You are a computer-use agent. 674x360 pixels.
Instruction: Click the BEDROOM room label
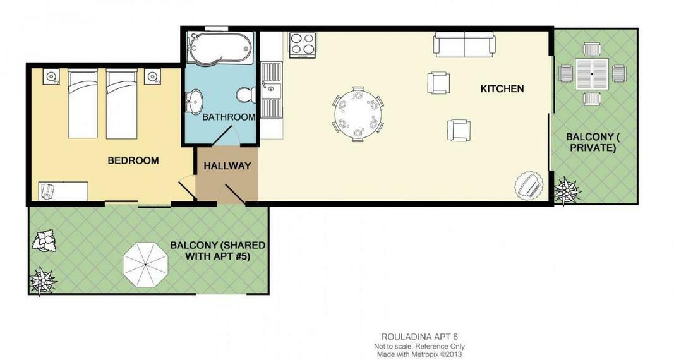click(x=133, y=160)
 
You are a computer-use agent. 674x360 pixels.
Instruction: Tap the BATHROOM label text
click(x=229, y=117)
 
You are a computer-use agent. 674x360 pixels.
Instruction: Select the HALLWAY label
click(x=227, y=166)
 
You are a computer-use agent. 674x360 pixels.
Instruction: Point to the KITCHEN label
click(x=502, y=89)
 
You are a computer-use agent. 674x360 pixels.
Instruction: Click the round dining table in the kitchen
click(x=358, y=114)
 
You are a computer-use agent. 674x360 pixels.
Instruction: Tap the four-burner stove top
click(x=303, y=45)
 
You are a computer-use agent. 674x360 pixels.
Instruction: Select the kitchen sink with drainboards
click(x=271, y=89)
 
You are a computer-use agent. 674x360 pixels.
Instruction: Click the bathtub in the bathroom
click(x=220, y=48)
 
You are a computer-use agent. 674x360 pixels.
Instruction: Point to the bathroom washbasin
click(x=195, y=101)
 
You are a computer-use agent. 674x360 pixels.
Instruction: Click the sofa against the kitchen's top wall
click(x=464, y=45)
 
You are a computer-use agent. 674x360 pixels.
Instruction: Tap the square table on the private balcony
click(x=592, y=74)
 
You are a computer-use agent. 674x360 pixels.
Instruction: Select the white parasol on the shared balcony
click(x=145, y=265)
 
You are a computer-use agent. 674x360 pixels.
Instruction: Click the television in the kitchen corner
click(x=528, y=186)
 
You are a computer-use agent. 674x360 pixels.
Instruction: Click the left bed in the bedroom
click(x=83, y=104)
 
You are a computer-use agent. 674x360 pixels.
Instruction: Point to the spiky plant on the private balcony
click(x=567, y=190)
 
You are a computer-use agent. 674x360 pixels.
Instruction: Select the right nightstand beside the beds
click(x=152, y=76)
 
